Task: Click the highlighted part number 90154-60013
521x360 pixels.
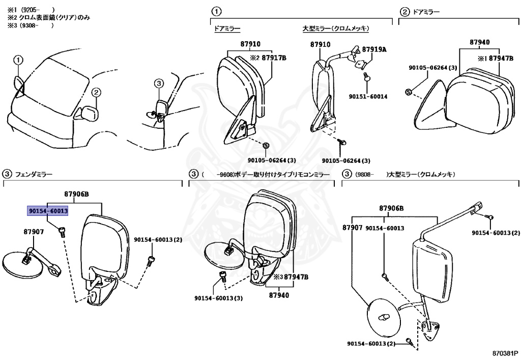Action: click(x=48, y=210)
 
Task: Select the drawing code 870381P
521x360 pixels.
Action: click(x=506, y=352)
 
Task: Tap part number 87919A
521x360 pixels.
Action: click(x=374, y=49)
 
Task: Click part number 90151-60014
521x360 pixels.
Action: click(x=368, y=96)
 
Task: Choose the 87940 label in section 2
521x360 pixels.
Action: click(x=479, y=43)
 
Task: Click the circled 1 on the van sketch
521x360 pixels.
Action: click(x=18, y=61)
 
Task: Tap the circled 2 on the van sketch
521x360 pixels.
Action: click(x=97, y=92)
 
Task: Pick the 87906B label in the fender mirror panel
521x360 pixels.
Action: click(x=77, y=194)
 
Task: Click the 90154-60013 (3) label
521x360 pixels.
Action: click(x=218, y=298)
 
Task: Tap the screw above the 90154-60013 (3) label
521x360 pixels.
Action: click(x=222, y=275)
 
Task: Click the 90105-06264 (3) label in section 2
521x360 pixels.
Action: click(x=432, y=67)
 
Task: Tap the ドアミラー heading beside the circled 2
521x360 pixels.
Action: click(x=426, y=11)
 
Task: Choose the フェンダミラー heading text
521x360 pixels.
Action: click(x=34, y=174)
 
